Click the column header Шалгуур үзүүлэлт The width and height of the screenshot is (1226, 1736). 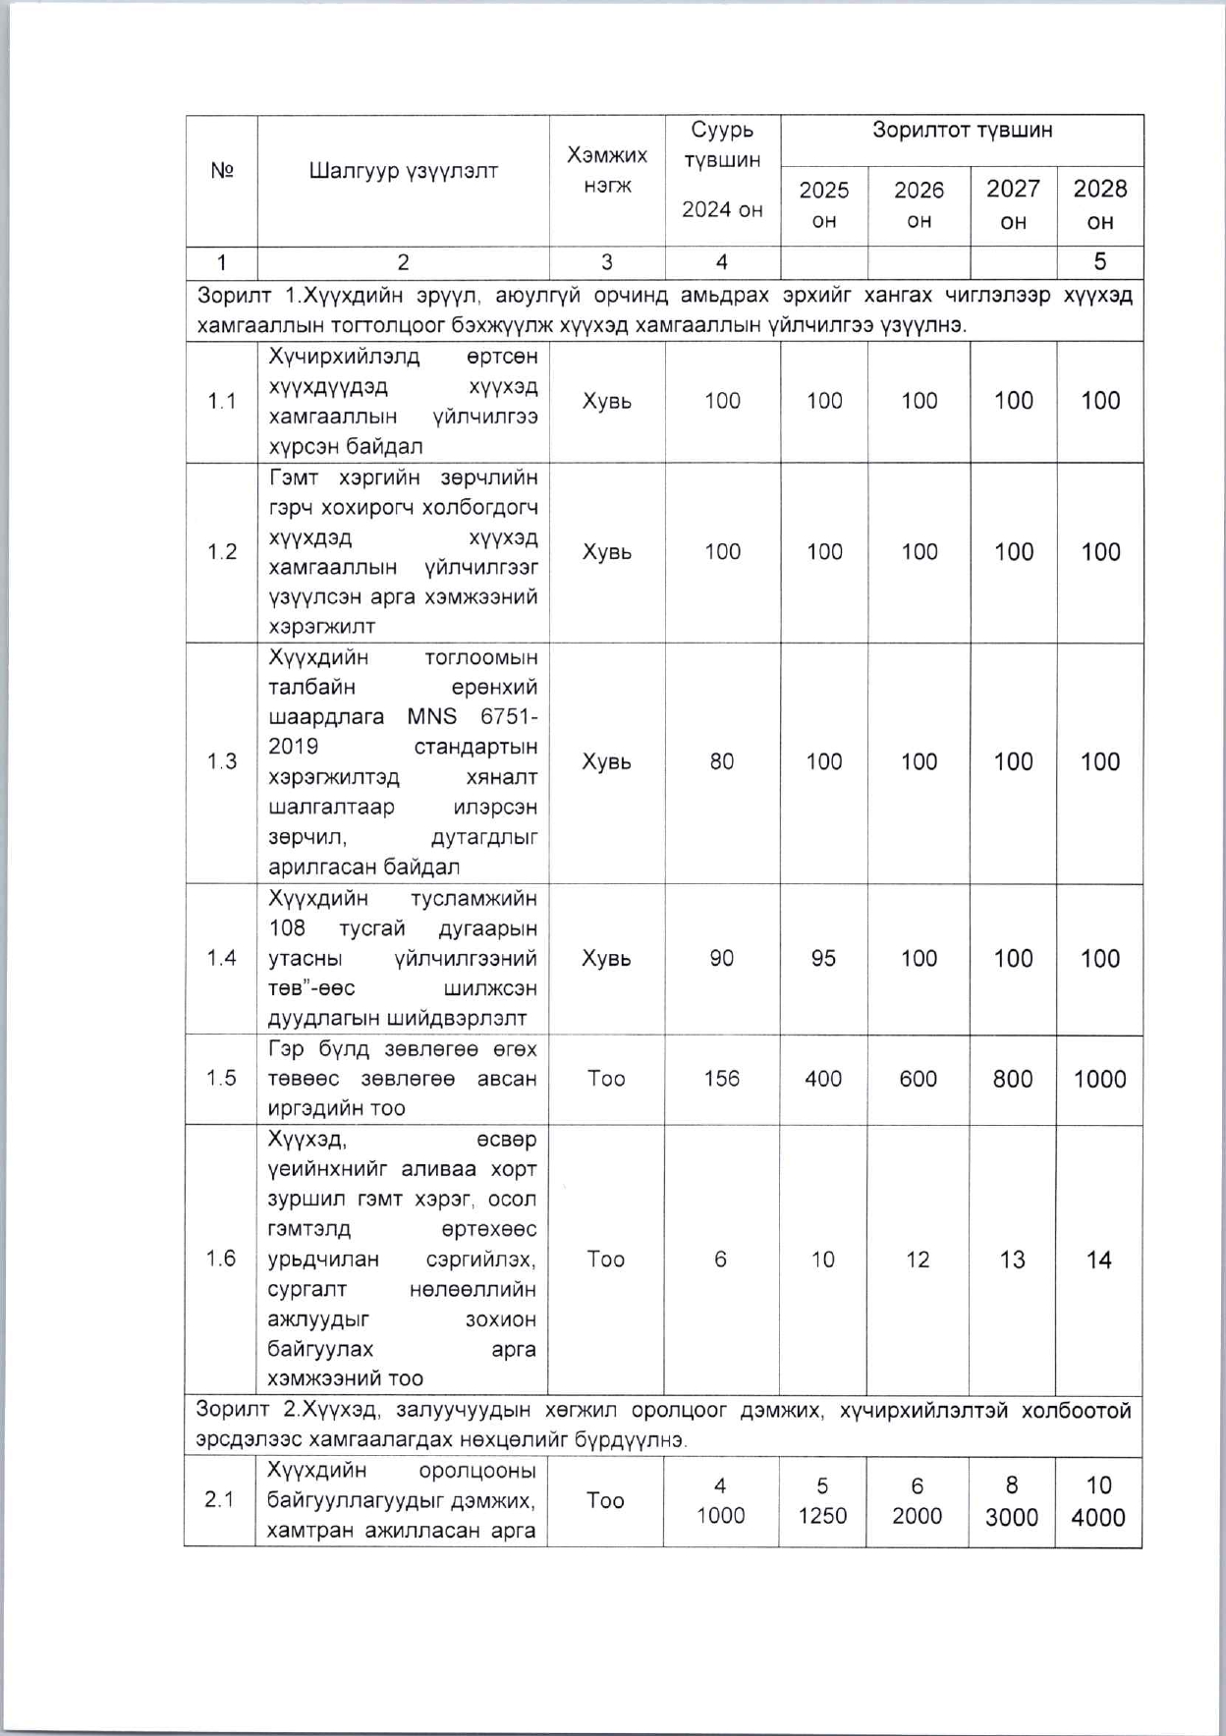[403, 171]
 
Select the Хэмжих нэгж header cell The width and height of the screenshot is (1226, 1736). [607, 170]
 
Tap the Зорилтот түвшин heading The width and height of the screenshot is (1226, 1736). [962, 130]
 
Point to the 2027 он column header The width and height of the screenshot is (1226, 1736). [1013, 204]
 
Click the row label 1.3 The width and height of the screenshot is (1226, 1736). [222, 761]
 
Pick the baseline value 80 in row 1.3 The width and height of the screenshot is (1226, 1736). [722, 761]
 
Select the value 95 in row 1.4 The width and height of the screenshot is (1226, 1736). [823, 958]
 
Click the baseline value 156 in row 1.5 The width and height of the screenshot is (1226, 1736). [722, 1078]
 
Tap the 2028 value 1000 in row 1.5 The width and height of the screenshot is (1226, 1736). [1099, 1079]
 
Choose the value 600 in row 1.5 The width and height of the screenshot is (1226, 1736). [919, 1079]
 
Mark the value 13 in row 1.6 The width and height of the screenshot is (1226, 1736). [1012, 1260]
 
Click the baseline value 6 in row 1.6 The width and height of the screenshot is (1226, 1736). [721, 1260]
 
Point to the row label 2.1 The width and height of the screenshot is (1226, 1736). [220, 1500]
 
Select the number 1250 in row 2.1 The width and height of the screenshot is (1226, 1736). [822, 1516]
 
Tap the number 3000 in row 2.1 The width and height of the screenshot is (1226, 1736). [1012, 1517]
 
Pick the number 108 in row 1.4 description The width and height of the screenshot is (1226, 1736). [287, 927]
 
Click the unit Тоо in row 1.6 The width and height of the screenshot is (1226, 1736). [605, 1259]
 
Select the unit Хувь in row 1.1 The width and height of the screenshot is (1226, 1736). [607, 401]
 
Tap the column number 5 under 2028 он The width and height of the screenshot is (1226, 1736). [1099, 261]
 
